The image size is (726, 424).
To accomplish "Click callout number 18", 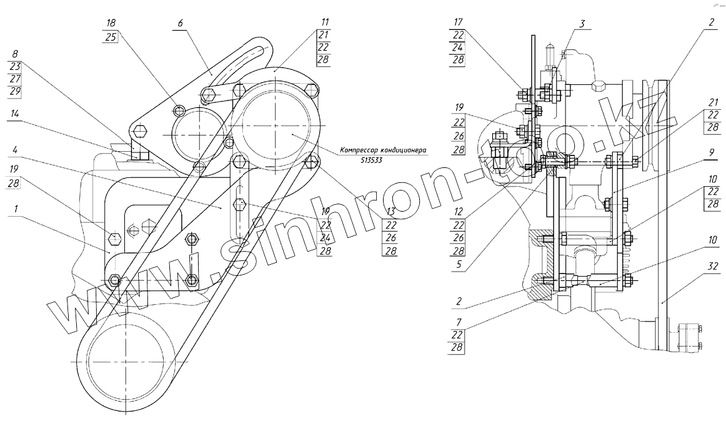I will click(112, 22).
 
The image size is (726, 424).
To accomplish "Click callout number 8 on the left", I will click(14, 54).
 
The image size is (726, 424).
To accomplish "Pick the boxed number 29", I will click(14, 91).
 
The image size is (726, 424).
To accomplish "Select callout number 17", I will click(459, 22).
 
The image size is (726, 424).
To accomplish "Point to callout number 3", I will click(581, 24).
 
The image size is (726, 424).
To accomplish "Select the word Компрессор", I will click(361, 150).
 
